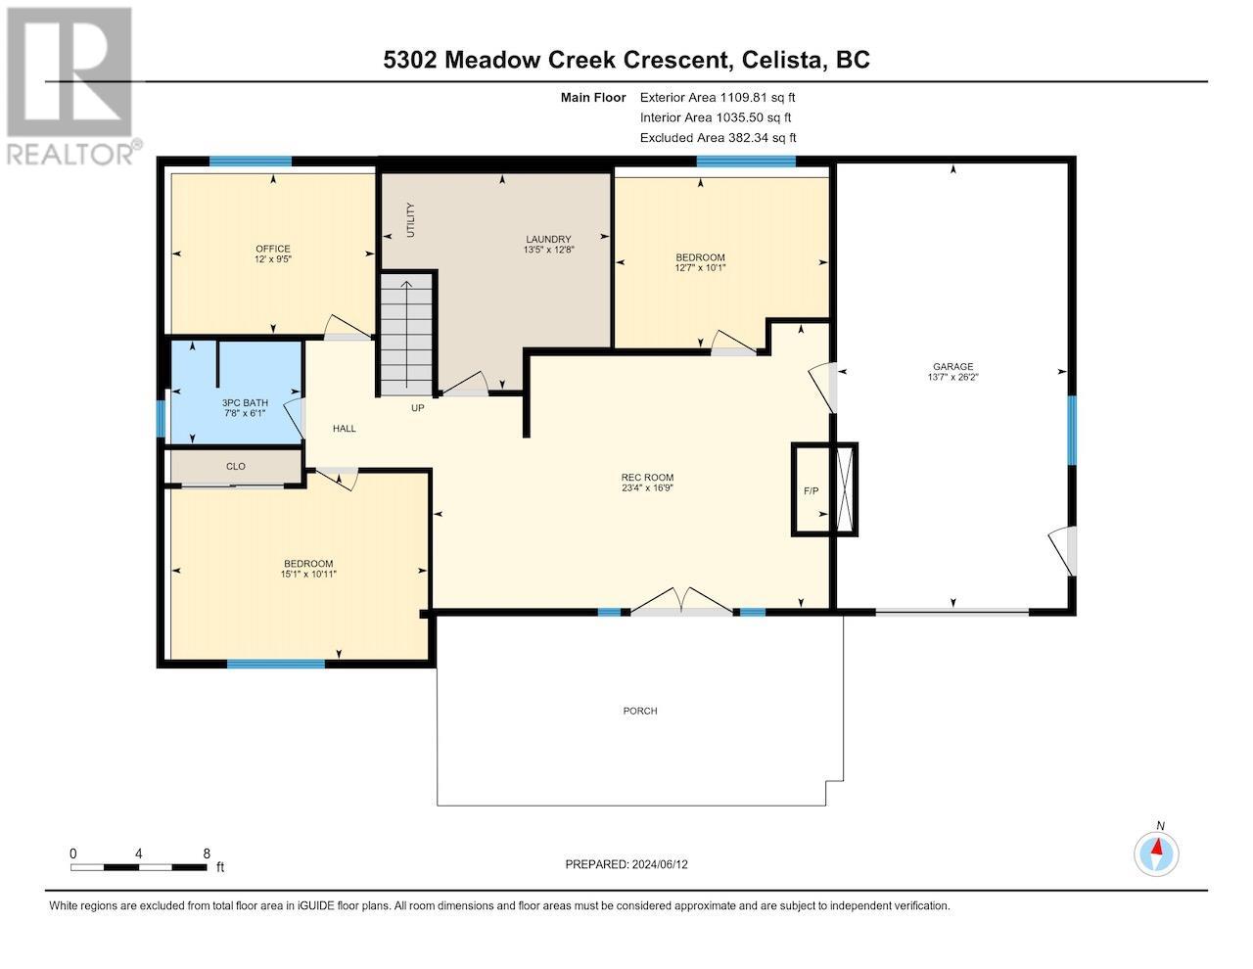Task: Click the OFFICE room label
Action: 273,249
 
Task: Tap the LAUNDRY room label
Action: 548,239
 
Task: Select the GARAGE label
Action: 953,367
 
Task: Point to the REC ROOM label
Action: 647,478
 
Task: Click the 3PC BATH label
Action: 245,403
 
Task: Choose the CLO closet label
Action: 235,466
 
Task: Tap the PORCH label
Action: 640,711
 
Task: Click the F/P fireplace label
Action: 811,491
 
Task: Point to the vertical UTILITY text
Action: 410,219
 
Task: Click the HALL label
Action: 345,429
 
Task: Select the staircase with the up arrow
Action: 406,334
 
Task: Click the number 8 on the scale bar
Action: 207,854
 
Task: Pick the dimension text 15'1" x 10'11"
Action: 308,575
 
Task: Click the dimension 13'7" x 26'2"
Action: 953,377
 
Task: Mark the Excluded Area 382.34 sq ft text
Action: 718,138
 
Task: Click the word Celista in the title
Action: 781,60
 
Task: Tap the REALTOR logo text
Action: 70,155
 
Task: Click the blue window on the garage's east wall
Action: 1072,430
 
